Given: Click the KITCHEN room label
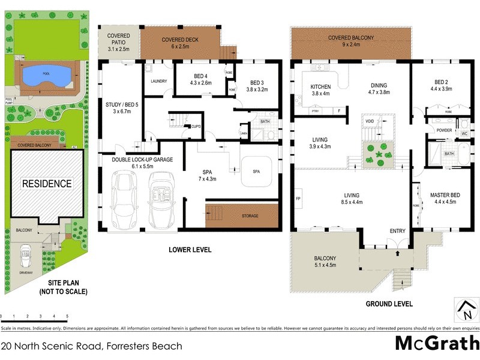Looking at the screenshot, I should (x=320, y=90).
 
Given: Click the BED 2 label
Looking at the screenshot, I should (x=441, y=85).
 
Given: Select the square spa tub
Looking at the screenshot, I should (x=257, y=172).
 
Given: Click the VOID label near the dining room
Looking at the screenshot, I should (x=370, y=121).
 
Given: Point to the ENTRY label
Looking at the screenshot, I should (x=397, y=231).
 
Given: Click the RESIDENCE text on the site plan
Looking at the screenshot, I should (x=47, y=183).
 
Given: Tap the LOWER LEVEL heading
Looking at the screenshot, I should (x=190, y=250).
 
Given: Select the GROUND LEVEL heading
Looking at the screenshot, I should (x=389, y=304).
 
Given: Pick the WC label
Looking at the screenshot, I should (x=464, y=133).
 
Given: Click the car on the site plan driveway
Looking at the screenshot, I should (x=26, y=256).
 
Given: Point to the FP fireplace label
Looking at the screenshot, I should (x=298, y=198).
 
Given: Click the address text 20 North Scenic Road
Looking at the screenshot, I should (x=92, y=346).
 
